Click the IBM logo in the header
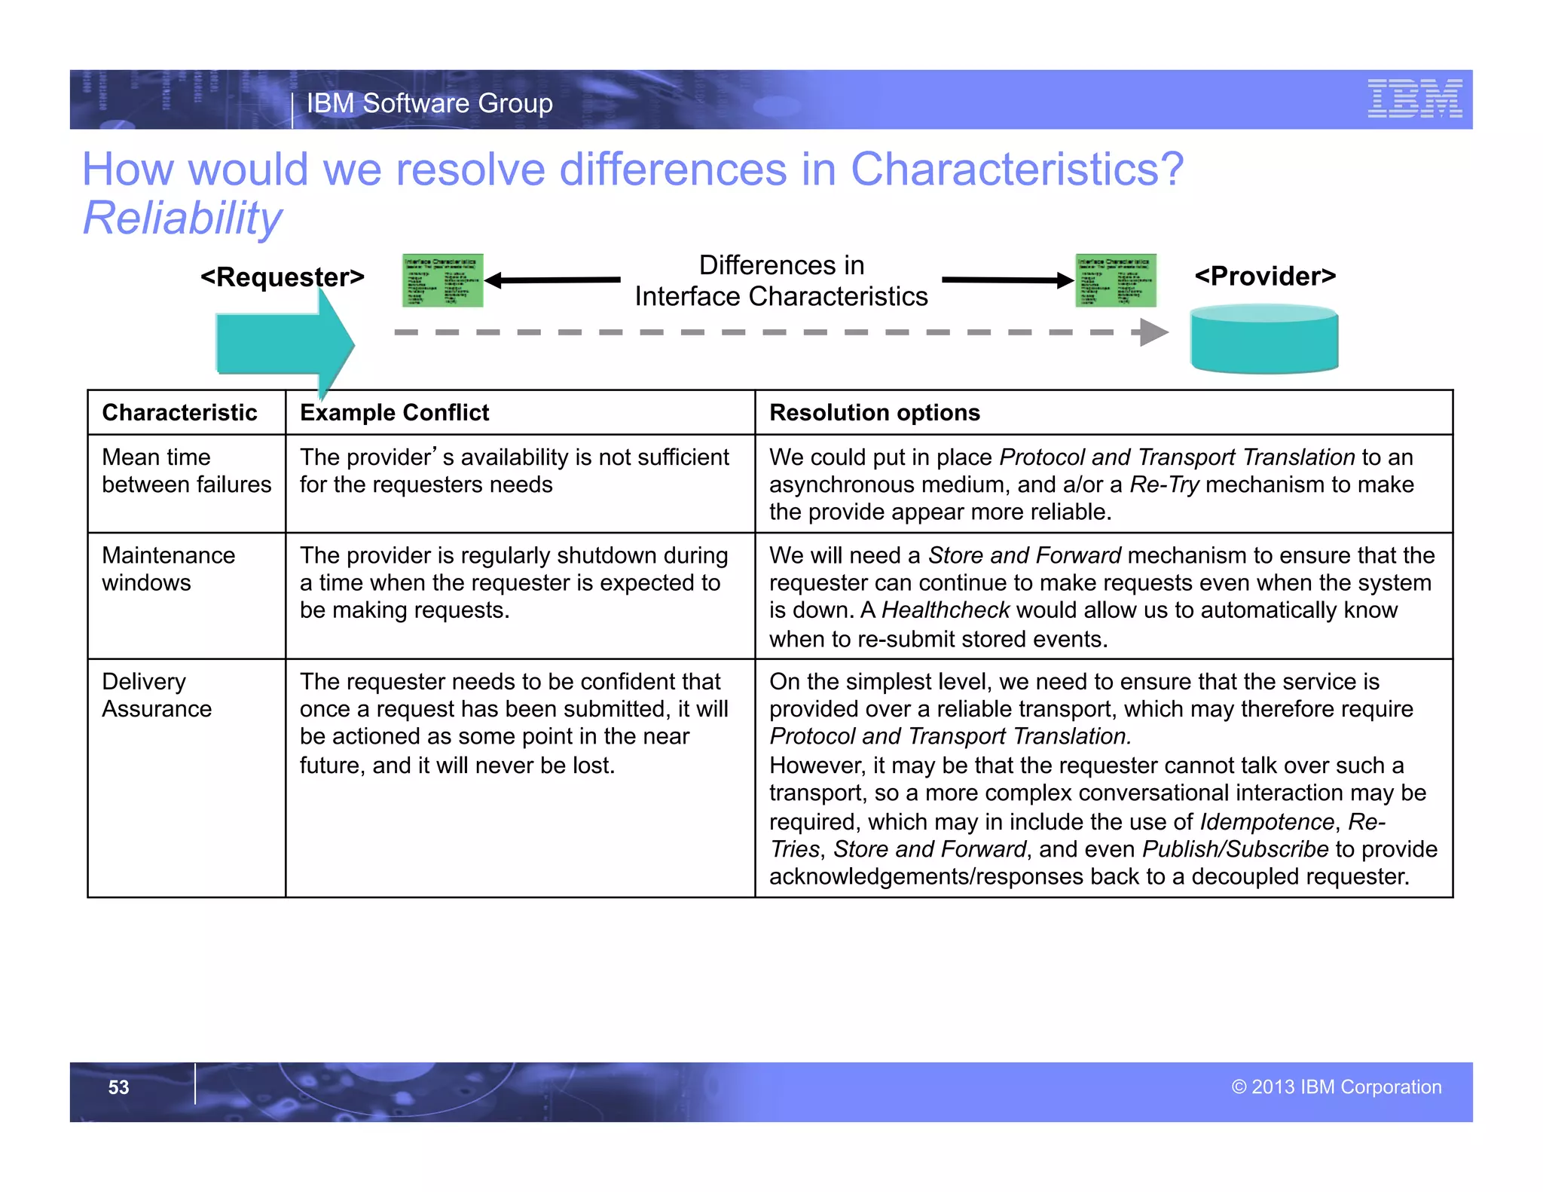(x=1414, y=99)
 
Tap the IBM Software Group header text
(x=429, y=103)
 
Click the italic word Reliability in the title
(x=182, y=219)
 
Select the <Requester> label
(x=282, y=277)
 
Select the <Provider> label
(x=1265, y=277)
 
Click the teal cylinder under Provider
(x=1263, y=340)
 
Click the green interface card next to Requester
(x=442, y=280)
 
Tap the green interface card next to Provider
(x=1115, y=280)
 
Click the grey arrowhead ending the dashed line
(x=1153, y=332)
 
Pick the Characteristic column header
(x=179, y=413)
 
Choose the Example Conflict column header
(x=394, y=413)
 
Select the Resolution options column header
(x=874, y=413)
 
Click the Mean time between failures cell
(x=186, y=471)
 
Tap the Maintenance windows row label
(x=168, y=569)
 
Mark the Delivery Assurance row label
(x=157, y=695)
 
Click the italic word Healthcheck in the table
(x=945, y=610)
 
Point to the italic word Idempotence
(x=1266, y=821)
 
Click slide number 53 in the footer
(x=118, y=1087)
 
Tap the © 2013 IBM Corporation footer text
(x=1336, y=1087)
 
